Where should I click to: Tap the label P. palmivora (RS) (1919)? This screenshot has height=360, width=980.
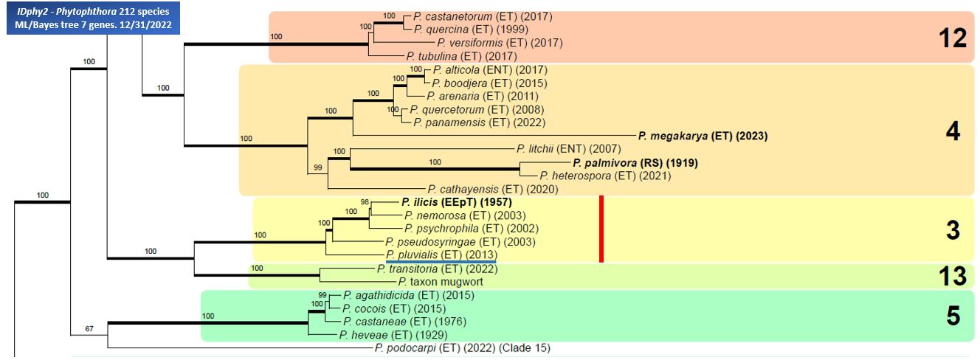coord(635,163)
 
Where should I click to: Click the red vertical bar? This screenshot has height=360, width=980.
coord(601,229)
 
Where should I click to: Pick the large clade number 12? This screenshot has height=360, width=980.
coord(953,38)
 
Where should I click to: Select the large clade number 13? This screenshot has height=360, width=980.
coord(953,276)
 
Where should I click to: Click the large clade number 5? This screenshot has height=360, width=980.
coord(953,316)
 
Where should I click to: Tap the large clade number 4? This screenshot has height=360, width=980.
coord(953,131)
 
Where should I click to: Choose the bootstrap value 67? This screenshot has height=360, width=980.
coord(89,328)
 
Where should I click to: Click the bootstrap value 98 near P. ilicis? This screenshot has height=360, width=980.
coord(365,202)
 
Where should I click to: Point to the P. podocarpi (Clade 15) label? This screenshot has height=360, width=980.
coord(463,348)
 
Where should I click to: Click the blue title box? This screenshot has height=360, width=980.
coord(93,18)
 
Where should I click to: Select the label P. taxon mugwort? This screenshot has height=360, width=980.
coord(441,282)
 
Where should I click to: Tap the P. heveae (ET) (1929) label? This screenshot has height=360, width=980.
coord(393,335)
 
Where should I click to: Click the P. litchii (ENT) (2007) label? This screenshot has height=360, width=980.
coord(569,149)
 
